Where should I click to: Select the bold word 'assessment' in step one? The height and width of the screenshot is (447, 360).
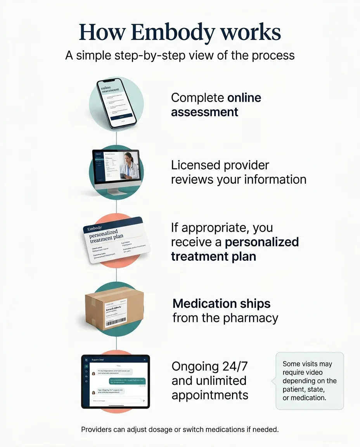[x=204, y=112]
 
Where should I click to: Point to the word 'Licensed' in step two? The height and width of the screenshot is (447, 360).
[x=194, y=165]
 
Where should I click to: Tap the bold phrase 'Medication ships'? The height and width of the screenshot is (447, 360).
[x=222, y=303]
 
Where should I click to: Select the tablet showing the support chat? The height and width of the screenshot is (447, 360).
[x=115, y=381]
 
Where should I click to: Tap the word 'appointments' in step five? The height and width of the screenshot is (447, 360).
[x=210, y=395]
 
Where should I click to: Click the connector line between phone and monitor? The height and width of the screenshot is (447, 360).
[x=116, y=138]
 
